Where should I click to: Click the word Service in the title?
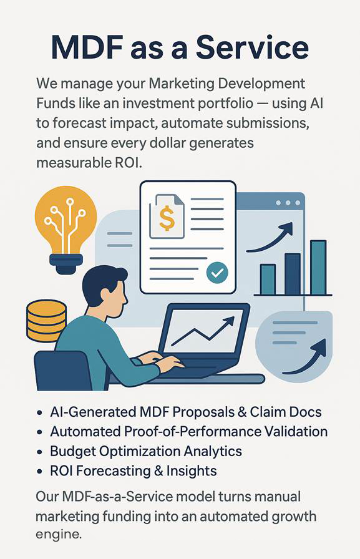click(252, 47)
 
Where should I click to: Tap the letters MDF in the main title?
click(88, 47)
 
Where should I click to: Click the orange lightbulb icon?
click(66, 229)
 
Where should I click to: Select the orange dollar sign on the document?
click(167, 218)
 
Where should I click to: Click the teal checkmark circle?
click(217, 273)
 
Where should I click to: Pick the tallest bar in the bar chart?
click(318, 268)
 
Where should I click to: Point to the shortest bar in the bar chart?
click(268, 279)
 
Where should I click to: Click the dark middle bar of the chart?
click(293, 274)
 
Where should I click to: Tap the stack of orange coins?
click(47, 321)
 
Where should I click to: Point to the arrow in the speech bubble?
click(304, 357)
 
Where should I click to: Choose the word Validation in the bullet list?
click(296, 431)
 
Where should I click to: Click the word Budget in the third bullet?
click(73, 452)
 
